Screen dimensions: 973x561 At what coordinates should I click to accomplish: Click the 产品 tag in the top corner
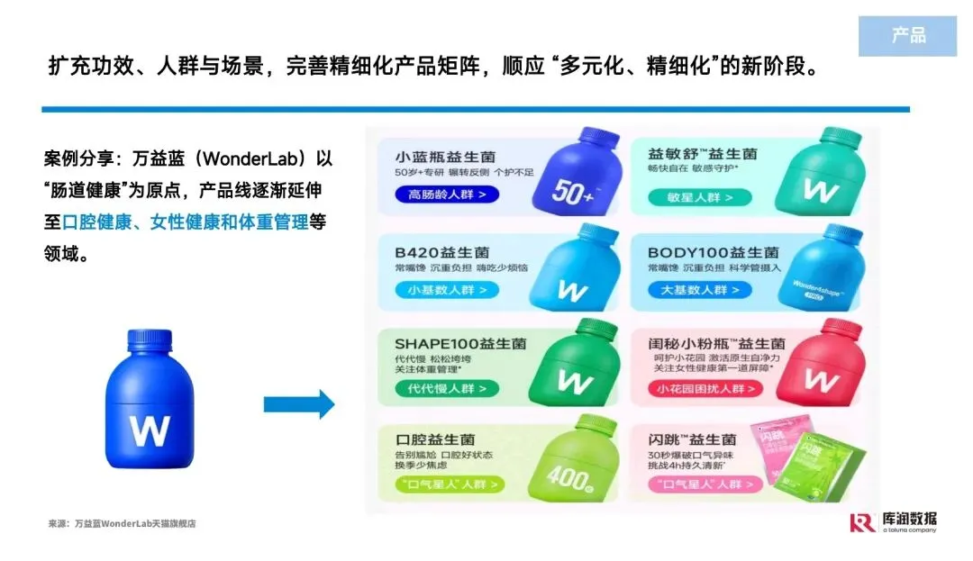907,36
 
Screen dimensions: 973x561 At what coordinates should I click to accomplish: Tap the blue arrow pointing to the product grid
298,404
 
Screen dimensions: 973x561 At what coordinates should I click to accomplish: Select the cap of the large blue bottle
149,341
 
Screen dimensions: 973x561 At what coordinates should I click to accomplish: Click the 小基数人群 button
446,290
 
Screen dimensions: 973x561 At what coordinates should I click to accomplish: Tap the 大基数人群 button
698,290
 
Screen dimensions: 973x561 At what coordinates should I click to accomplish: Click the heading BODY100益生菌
714,252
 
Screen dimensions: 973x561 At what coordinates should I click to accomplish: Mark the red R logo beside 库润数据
862,522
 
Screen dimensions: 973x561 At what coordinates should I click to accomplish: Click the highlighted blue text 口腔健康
95,222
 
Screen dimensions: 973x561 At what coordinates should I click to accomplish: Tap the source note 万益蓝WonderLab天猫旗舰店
134,523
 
